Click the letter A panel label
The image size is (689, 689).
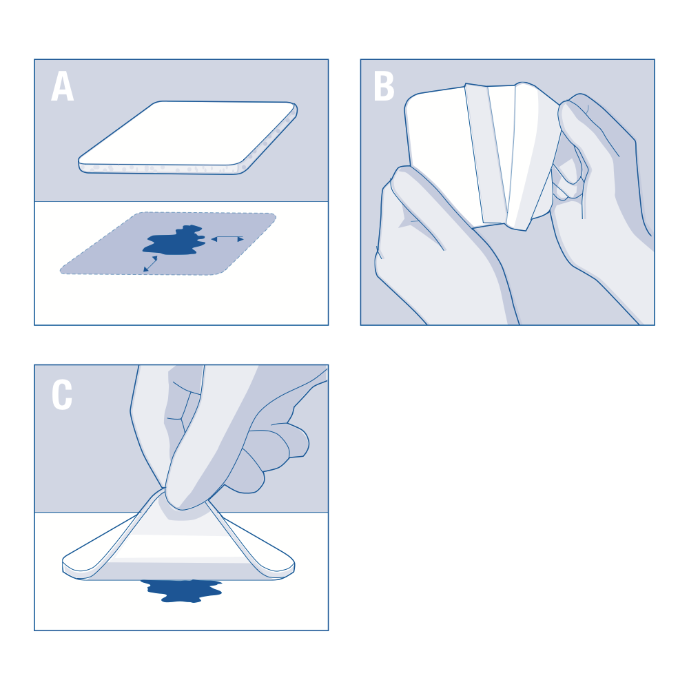click(x=63, y=86)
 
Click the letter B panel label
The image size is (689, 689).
click(x=384, y=86)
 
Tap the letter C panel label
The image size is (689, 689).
click(x=62, y=394)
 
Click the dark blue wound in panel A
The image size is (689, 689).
click(x=174, y=240)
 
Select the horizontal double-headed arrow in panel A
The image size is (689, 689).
click(x=227, y=239)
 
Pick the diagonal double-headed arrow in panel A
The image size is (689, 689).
click(x=150, y=264)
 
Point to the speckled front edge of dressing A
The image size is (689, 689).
click(x=161, y=169)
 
